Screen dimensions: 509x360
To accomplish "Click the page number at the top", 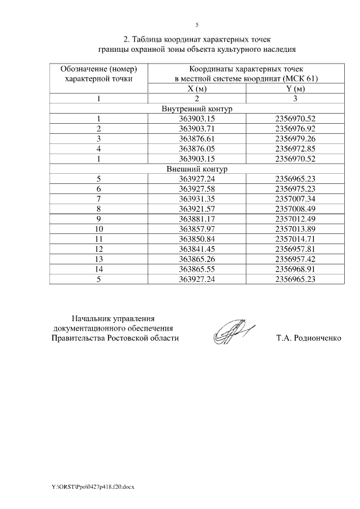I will pyautogui.click(x=197, y=24).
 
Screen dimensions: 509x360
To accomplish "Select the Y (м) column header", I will pyautogui.click(x=295, y=89).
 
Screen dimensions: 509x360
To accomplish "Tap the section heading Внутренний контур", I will pyautogui.click(x=197, y=109).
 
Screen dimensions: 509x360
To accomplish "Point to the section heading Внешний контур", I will pyautogui.click(x=197, y=169).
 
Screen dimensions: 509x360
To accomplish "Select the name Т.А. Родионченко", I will pyautogui.click(x=309, y=339).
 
